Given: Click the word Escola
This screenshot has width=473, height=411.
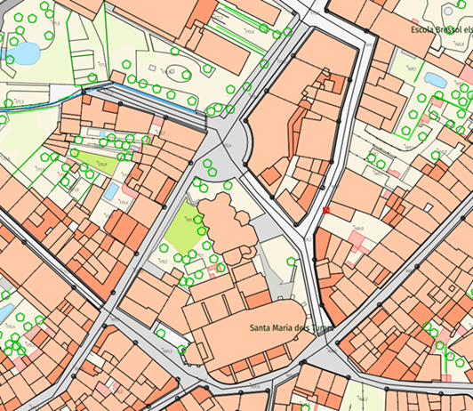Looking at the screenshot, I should pos(421,29).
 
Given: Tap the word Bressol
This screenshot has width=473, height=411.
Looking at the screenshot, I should pos(449,29).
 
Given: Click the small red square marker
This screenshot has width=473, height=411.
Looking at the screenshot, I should pos(326,210).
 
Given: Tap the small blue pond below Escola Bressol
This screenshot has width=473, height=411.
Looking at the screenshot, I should pos(436,80).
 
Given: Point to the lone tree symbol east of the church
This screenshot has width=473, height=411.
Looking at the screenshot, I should pos(292,262).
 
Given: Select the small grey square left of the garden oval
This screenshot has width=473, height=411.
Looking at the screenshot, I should pos(152,68).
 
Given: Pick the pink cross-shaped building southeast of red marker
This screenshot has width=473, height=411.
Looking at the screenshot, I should pos(357,238).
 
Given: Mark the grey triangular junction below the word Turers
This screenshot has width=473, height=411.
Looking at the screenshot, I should pos(321,357).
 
